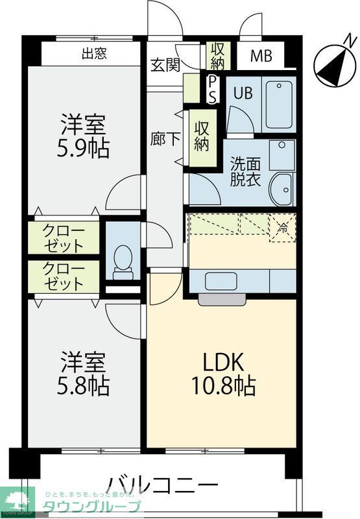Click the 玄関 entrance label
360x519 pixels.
coord(165,65)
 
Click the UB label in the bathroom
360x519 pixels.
coord(243,93)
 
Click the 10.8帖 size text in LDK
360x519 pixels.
coord(222,386)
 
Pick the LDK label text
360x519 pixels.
coord(222,361)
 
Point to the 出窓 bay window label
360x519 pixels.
coord(94,54)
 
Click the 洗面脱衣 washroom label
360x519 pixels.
coord(245,172)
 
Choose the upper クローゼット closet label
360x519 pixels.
coord(63,238)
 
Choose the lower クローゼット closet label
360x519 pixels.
coord(63,276)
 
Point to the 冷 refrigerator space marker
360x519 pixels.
coord(283,228)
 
